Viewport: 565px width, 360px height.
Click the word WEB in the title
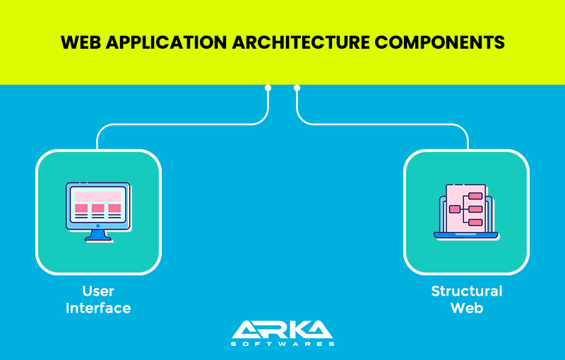click(81, 42)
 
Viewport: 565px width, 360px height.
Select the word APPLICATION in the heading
click(167, 42)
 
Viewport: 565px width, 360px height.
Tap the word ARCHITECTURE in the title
click(302, 42)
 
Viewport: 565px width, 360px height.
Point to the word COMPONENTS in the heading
click(439, 42)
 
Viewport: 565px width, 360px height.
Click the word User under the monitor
click(98, 291)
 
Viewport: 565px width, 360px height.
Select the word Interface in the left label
click(98, 308)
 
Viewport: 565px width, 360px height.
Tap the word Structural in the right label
click(467, 291)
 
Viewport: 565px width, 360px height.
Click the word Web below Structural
click(467, 308)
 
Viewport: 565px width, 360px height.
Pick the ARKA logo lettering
click(282, 330)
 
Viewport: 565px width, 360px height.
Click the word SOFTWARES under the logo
click(282, 344)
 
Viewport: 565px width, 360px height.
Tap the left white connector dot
click(268, 88)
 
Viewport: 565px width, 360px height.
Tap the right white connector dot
click(297, 88)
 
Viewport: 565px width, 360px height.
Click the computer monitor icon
click(98, 212)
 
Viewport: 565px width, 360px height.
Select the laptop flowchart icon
click(466, 212)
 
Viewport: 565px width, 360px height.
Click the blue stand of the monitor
click(98, 236)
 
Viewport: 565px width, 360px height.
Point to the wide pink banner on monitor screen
click(98, 196)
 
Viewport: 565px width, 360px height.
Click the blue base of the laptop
click(466, 236)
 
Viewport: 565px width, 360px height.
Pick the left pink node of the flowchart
click(455, 209)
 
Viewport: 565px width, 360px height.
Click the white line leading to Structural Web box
click(382, 124)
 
